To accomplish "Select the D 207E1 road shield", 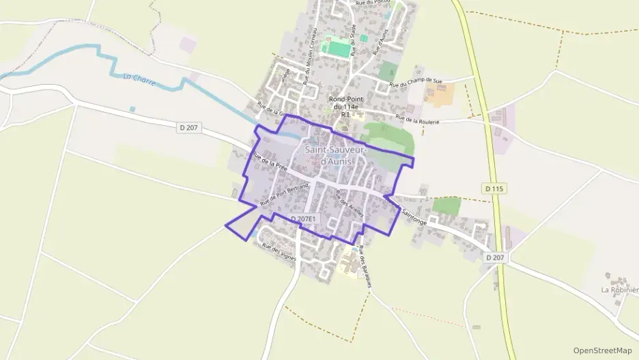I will tap(304, 219).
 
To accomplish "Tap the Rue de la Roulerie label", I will tap(418, 121).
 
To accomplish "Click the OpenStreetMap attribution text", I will tap(602, 350).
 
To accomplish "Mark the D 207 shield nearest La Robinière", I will tap(496, 258).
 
